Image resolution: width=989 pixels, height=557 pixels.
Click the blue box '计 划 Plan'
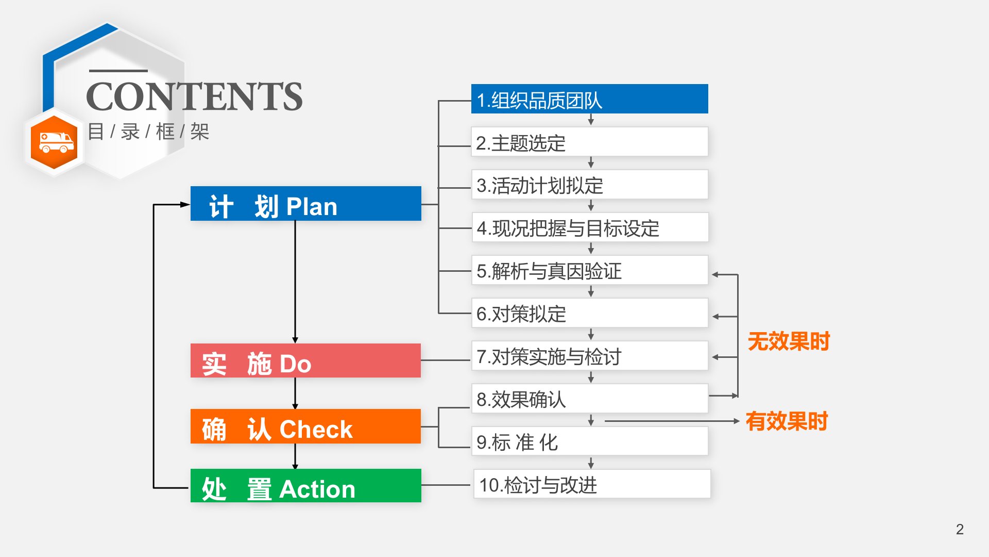click(305, 204)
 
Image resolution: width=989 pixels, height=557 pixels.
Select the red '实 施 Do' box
click(305, 361)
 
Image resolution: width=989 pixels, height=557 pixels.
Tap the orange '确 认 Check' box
click(305, 427)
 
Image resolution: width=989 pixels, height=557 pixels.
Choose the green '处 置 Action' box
click(305, 486)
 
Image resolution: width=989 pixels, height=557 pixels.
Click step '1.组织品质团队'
click(589, 99)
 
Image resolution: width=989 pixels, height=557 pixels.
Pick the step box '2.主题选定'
click(589, 142)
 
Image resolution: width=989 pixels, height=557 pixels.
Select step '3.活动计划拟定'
click(589, 185)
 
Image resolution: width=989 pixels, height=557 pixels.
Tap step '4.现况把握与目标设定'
click(589, 227)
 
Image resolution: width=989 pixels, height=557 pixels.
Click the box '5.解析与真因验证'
click(589, 270)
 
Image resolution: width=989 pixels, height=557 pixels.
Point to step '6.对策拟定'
click(589, 313)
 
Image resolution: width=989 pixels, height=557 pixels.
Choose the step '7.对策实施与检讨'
click(589, 356)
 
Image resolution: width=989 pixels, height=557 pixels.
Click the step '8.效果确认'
click(589, 399)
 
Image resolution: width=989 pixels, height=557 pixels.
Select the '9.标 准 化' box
click(589, 441)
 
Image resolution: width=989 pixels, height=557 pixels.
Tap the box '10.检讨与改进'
click(591, 484)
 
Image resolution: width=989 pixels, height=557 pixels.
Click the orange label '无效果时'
click(788, 341)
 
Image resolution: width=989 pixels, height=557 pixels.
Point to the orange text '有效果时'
click(786, 421)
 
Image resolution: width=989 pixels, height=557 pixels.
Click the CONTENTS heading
click(194, 96)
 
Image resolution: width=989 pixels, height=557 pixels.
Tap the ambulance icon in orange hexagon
click(54, 142)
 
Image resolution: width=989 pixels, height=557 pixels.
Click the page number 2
click(960, 529)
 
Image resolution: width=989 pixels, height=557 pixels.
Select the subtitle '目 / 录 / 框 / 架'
click(148, 132)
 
